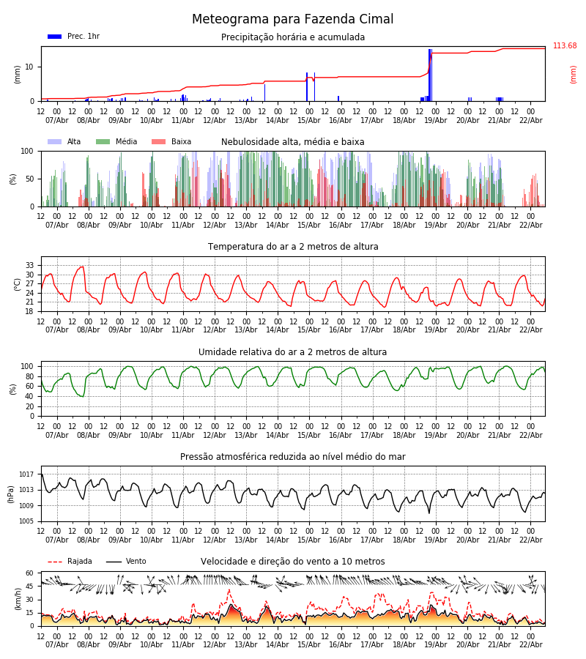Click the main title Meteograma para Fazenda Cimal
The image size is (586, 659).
(293, 20)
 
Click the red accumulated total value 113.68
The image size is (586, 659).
(564, 46)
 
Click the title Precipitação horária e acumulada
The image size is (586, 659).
(293, 37)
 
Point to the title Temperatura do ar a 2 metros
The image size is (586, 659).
(293, 247)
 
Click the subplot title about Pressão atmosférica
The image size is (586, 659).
(293, 457)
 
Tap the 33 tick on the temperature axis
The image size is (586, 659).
(30, 265)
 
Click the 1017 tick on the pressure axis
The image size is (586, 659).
(26, 474)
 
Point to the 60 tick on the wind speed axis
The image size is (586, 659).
(30, 573)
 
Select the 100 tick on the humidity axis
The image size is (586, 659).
(27, 366)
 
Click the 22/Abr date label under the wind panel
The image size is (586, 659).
(530, 644)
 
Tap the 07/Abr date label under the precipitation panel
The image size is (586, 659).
(57, 120)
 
